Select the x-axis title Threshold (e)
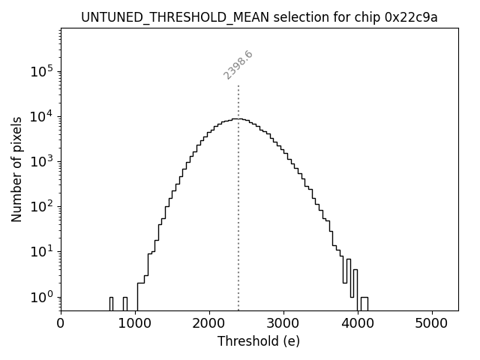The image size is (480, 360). click(x=259, y=341)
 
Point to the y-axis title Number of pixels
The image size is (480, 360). click(x=16, y=169)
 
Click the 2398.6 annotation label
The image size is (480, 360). click(x=238, y=64)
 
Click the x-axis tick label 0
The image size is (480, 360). click(x=61, y=323)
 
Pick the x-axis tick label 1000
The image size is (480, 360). click(x=135, y=323)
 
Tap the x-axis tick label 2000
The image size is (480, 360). click(x=209, y=323)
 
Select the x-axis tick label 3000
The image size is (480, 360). click(x=283, y=323)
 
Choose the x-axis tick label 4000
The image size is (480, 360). click(x=358, y=323)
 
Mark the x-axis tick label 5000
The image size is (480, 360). click(x=432, y=323)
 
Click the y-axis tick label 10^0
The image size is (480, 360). click(x=42, y=297)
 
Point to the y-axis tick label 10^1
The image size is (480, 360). click(x=42, y=252)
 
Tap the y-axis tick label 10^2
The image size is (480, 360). click(x=42, y=207)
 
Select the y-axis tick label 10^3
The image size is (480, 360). click(x=42, y=162)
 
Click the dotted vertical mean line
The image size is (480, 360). click(x=238, y=225)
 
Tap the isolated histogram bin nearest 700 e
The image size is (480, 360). click(x=111, y=303)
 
